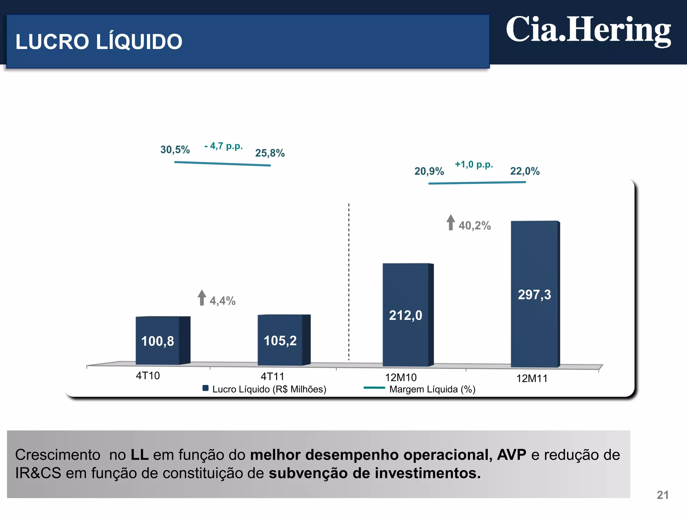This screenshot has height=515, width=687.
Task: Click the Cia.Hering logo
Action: [588, 31]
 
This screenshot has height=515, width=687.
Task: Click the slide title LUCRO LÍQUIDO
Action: [99, 42]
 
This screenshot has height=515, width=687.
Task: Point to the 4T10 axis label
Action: [148, 376]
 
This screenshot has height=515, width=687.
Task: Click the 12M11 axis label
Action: [532, 379]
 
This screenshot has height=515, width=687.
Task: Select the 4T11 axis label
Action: [272, 377]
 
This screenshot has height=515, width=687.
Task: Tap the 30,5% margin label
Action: [175, 150]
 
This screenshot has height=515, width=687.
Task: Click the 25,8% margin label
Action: [270, 153]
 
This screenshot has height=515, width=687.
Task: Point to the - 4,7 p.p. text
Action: [223, 146]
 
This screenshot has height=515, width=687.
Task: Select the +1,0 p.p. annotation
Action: [474, 165]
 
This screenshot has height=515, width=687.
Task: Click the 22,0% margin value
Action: [525, 171]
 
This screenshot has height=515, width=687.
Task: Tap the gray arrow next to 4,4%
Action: [202, 297]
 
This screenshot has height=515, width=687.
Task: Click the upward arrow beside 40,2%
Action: [451, 222]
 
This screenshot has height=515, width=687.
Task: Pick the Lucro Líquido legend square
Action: [206, 388]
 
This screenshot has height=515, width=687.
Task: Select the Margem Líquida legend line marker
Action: [374, 388]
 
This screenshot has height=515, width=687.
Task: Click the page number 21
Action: [662, 495]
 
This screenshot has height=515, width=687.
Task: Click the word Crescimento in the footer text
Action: [58, 455]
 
